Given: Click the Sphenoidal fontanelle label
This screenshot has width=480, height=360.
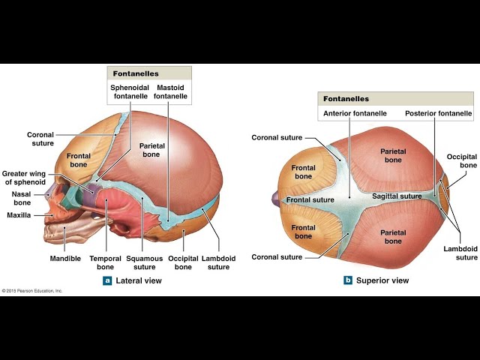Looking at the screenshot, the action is (x=130, y=91).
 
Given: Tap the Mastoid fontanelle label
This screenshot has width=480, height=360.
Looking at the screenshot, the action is (x=170, y=91).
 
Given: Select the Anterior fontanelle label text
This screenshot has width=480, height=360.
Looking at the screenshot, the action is (x=355, y=113).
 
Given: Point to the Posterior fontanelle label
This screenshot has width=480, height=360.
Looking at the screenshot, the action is (x=438, y=113).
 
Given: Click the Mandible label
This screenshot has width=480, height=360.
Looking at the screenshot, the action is (x=65, y=258).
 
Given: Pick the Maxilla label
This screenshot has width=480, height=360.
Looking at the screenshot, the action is (x=19, y=215).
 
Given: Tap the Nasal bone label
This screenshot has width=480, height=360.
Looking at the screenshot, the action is (x=22, y=198).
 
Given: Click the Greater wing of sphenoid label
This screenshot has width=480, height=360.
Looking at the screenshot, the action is (x=24, y=178).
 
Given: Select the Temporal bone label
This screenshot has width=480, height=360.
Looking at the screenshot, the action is (x=105, y=262).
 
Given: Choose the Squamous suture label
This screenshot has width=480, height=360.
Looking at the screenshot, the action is (x=145, y=262).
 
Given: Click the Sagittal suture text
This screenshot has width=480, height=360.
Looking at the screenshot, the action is (x=397, y=196).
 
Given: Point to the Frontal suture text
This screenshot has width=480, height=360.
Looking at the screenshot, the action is (x=310, y=200).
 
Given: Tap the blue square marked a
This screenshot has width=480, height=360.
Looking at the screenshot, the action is (x=107, y=280).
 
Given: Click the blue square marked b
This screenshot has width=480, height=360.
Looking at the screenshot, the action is (x=348, y=280).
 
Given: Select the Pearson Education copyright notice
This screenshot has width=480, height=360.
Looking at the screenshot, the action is (x=32, y=291).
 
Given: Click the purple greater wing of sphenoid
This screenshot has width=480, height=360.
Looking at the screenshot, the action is (x=92, y=190).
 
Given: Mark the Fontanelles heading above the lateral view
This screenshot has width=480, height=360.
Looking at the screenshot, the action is (x=136, y=73).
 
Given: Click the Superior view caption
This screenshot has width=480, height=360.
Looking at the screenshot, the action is (x=382, y=280).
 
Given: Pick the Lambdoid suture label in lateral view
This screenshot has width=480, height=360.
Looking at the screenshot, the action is (x=218, y=262).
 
